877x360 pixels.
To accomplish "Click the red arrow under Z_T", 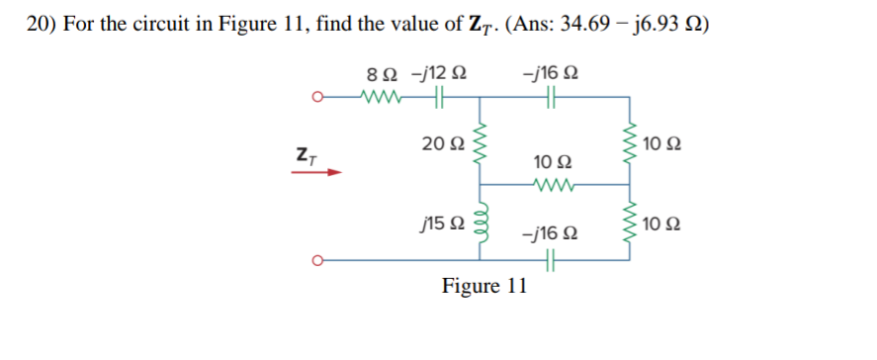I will click(x=316, y=171).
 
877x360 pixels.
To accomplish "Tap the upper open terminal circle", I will click(x=317, y=97).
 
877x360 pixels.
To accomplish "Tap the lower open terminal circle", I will click(x=317, y=261).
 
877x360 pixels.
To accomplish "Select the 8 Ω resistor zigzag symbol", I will click(x=380, y=97).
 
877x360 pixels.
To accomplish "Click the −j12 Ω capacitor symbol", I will click(x=439, y=97).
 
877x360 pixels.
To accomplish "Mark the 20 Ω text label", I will click(x=438, y=145).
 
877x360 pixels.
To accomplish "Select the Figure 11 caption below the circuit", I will click(x=484, y=287).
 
